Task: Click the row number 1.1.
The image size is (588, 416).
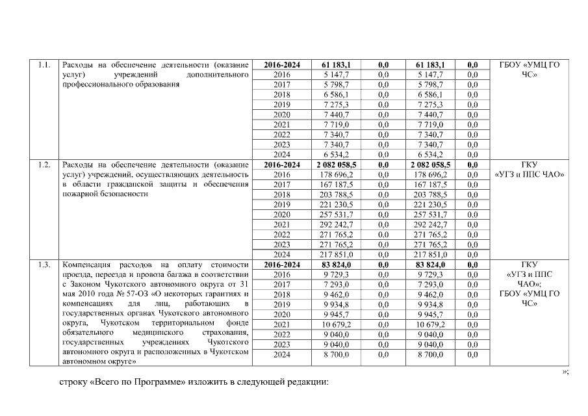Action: (44, 65)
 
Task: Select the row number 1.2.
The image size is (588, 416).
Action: (44, 164)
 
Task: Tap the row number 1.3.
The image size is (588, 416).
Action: (44, 265)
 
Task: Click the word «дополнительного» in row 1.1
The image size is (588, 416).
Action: (218, 75)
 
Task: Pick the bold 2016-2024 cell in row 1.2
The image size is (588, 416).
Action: (282, 165)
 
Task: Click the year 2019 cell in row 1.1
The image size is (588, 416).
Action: (282, 105)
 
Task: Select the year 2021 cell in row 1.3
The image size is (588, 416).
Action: (282, 324)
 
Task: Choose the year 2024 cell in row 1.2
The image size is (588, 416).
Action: (282, 255)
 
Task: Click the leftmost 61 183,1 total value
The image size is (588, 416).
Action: (336, 65)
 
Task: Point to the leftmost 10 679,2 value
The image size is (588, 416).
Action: (336, 324)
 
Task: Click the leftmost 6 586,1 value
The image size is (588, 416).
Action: (336, 95)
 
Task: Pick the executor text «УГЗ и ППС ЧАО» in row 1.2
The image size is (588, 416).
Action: (530, 174)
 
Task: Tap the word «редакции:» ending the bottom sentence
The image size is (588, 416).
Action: (309, 382)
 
